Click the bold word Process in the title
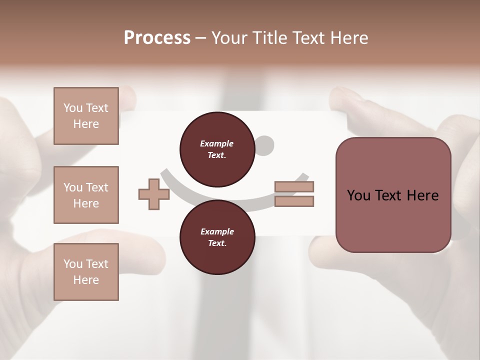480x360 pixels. point(157,37)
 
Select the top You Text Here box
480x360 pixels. point(86,116)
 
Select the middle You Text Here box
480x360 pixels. point(86,195)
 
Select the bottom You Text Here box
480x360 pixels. point(86,272)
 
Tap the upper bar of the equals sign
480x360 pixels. point(294,187)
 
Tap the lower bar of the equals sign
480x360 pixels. point(294,201)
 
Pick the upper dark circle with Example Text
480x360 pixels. point(217,149)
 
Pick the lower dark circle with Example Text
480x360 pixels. point(217,237)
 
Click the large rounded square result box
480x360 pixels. point(393,195)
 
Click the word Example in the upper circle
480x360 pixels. point(217,143)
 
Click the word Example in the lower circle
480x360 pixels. point(217,231)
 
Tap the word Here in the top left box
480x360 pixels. point(86,124)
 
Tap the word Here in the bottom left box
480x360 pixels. point(86,280)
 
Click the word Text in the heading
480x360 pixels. point(309,37)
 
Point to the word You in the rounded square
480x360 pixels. point(358,195)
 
